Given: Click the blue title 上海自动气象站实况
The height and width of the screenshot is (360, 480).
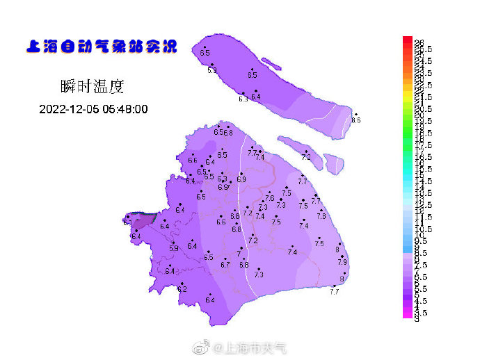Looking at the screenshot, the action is (101, 47).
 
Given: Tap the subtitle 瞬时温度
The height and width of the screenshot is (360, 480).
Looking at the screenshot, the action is (93, 87).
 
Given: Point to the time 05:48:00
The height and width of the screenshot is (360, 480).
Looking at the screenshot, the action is (126, 109).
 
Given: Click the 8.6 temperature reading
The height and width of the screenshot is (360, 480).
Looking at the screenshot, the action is (356, 120).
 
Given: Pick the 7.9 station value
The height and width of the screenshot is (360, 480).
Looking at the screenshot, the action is (342, 262).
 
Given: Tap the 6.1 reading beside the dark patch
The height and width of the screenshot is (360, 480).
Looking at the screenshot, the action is (127, 223).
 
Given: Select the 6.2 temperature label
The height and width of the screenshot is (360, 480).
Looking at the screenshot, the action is (182, 288).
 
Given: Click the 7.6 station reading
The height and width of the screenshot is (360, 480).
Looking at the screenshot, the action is (269, 198).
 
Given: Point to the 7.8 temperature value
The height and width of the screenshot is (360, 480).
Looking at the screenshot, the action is (321, 216).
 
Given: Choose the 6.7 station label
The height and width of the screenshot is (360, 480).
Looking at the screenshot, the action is (225, 265).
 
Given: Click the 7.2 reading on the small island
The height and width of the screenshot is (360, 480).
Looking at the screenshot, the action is (306, 157).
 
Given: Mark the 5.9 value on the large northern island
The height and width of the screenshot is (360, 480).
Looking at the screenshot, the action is (212, 70).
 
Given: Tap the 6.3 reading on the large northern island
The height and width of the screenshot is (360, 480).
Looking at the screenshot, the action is (243, 99).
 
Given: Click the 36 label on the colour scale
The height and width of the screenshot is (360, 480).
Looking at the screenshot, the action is (419, 42).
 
